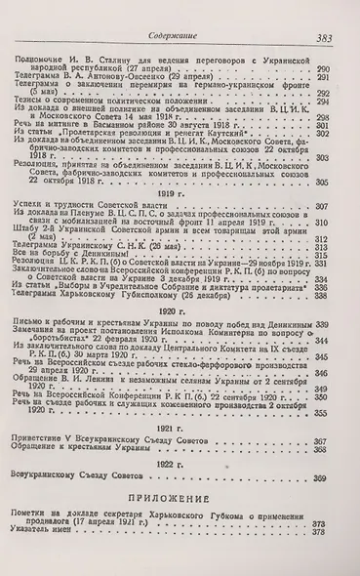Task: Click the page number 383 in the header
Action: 325,12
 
